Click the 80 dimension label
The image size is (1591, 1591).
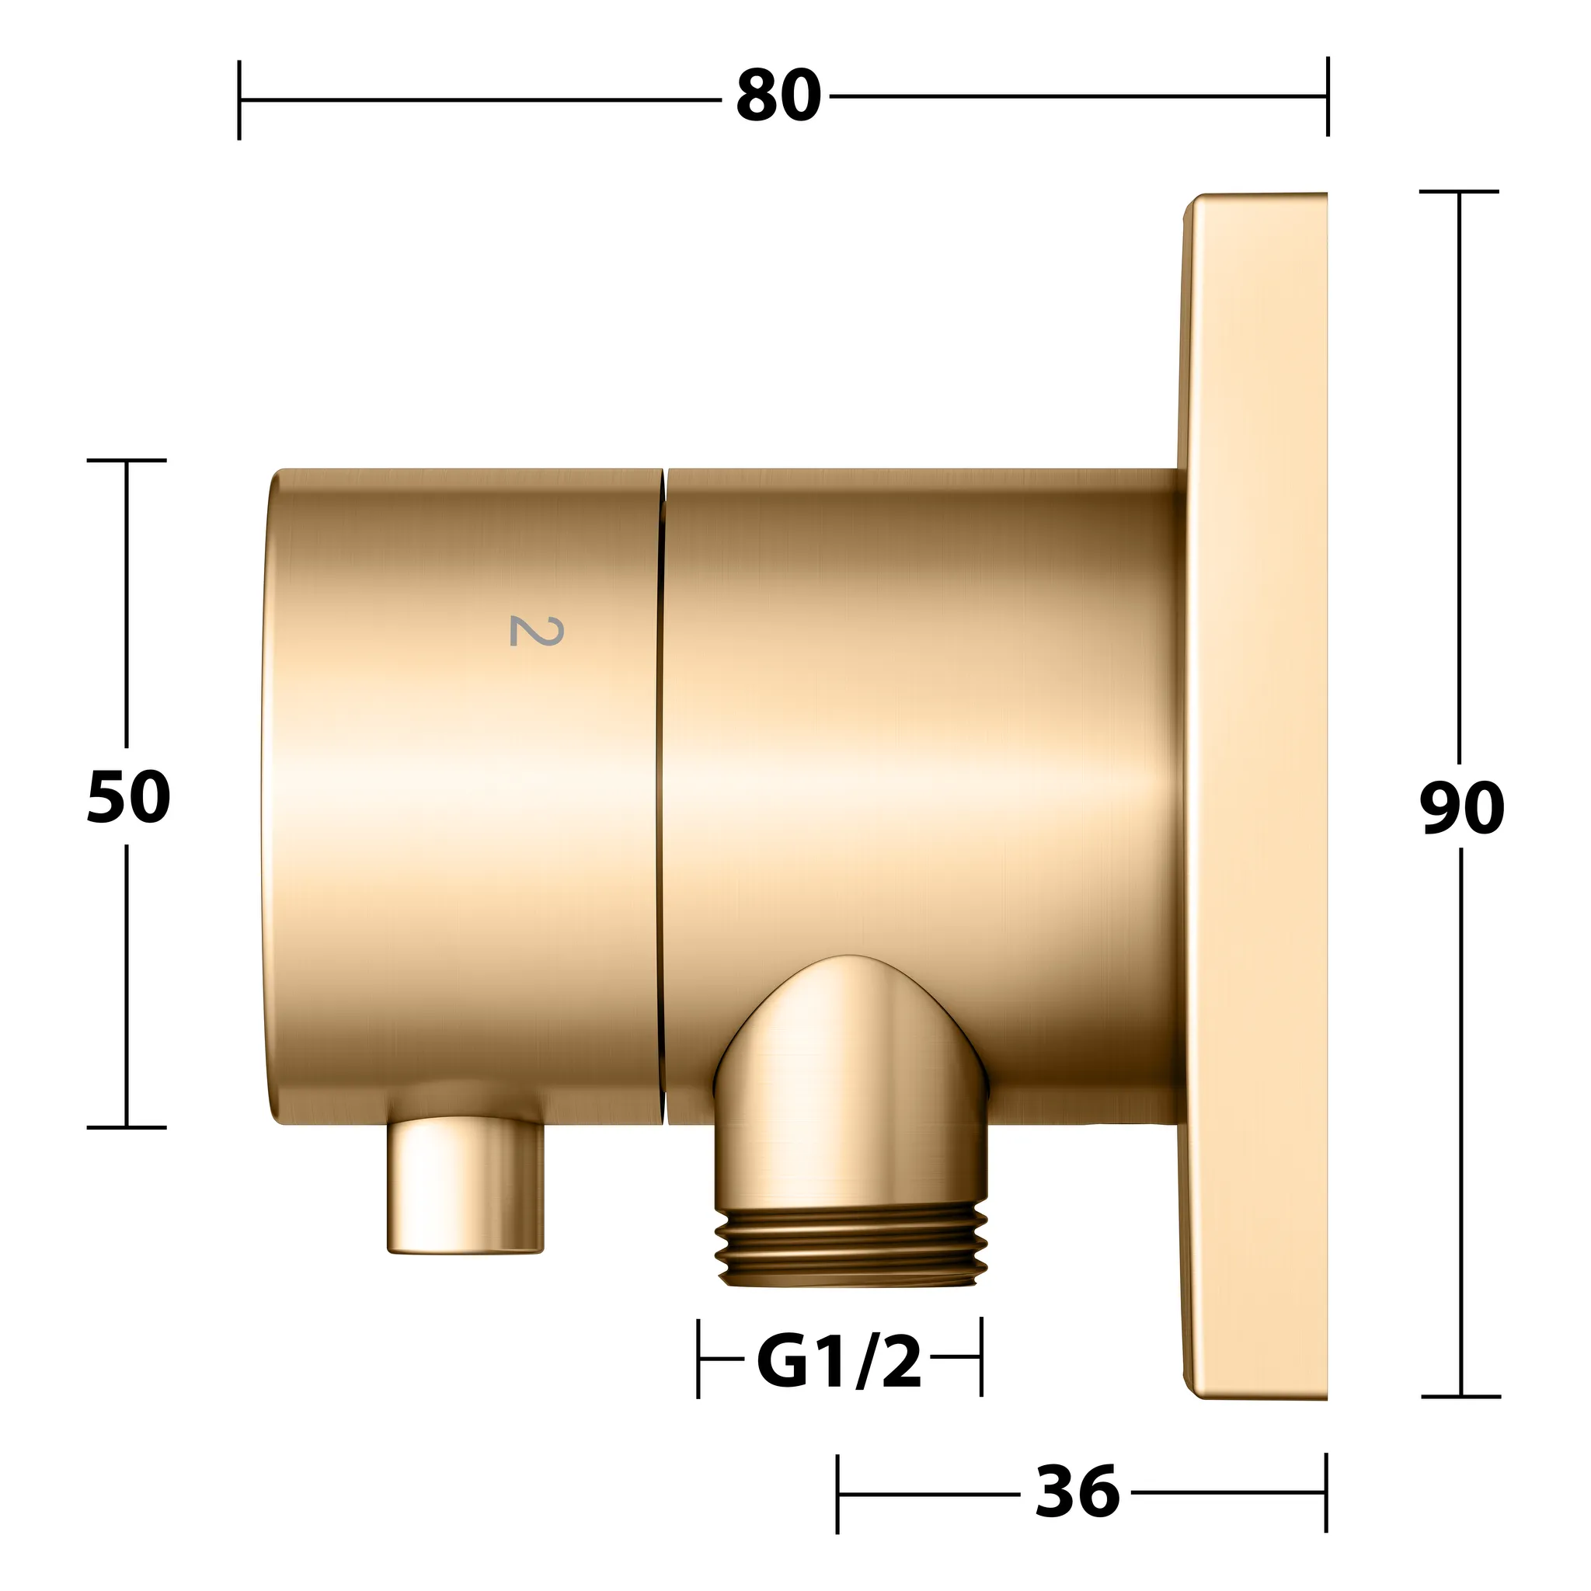pyautogui.click(x=778, y=97)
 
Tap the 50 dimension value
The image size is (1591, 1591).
pyautogui.click(x=128, y=797)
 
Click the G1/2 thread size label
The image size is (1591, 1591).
pyautogui.click(x=839, y=1362)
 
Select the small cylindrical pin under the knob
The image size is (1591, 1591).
pyautogui.click(x=466, y=1185)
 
